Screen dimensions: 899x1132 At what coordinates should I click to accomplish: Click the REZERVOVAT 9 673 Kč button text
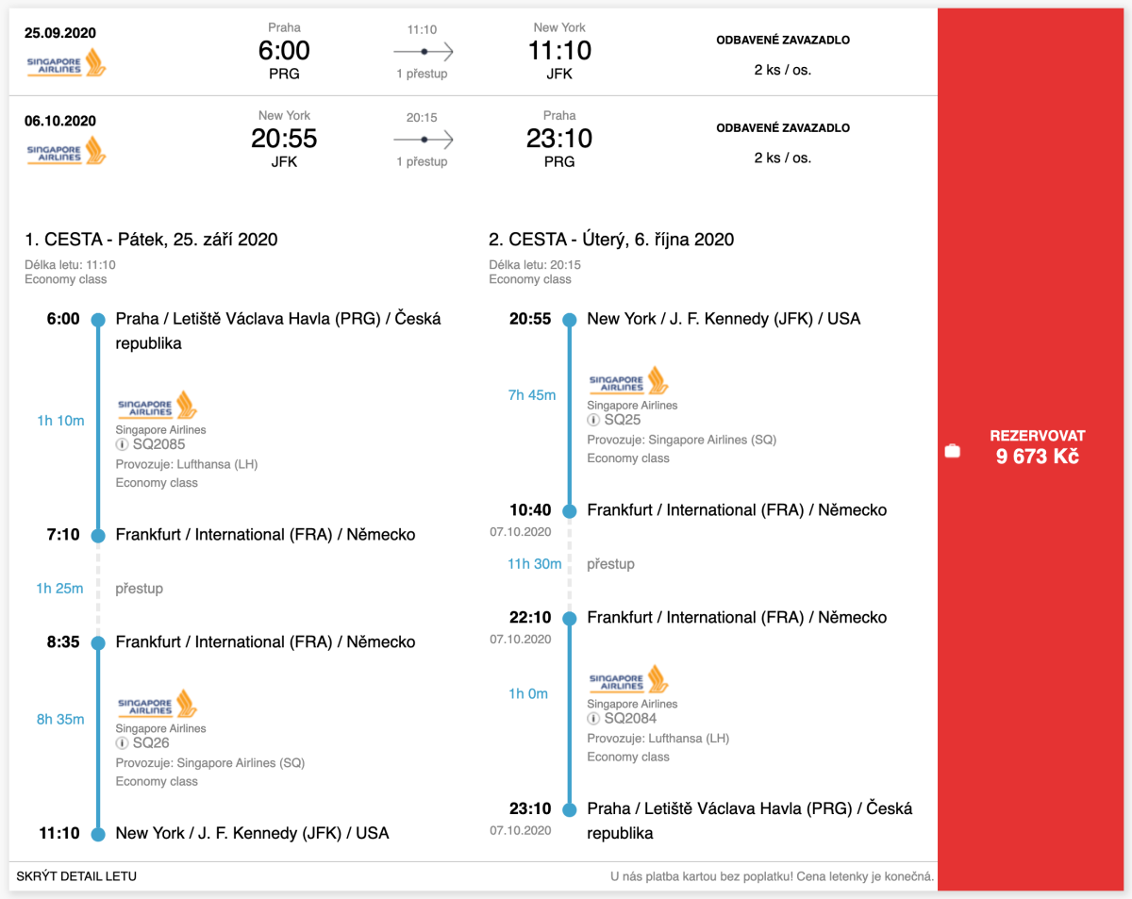[1037, 446]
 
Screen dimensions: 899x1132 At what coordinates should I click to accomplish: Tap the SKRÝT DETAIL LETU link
[76, 876]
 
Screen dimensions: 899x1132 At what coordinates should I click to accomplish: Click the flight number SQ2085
[158, 444]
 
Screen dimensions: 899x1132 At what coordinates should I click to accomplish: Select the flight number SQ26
[151, 743]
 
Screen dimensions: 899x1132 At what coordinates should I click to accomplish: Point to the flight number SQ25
[623, 420]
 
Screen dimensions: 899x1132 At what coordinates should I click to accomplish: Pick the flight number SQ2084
[630, 719]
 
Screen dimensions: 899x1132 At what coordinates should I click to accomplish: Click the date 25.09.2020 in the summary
[60, 33]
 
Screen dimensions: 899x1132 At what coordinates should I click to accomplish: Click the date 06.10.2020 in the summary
[60, 121]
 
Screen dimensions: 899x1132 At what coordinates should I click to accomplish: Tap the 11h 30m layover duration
[534, 564]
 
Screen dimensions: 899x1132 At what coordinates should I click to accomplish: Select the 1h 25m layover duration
[59, 589]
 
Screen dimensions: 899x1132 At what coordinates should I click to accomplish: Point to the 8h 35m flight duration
[59, 719]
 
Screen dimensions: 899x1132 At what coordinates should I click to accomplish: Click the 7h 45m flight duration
[532, 395]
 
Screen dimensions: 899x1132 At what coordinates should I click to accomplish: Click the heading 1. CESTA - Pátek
[151, 240]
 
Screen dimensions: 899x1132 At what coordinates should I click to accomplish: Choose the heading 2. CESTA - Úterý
[611, 240]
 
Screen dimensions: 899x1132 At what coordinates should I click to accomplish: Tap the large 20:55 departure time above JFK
[284, 139]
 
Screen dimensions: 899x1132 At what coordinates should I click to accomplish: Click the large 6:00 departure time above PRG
[284, 50]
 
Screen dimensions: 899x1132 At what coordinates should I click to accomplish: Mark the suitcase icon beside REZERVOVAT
[953, 451]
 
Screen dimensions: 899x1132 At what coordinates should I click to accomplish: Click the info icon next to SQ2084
[593, 719]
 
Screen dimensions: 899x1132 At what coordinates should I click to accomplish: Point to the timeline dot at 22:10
[569, 618]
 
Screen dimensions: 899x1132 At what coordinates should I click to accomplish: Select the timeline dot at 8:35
[97, 642]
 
